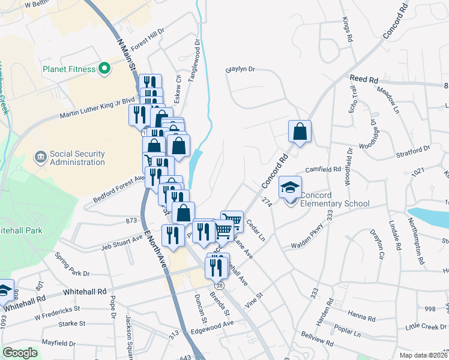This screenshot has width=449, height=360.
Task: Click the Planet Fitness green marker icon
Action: coord(105,68)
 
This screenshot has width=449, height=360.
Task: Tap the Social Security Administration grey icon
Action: coord(41,157)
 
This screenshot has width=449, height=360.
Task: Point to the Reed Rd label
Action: coord(364,79)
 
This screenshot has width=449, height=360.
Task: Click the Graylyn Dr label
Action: coord(240,70)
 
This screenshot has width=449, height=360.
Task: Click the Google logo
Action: coord(20,353)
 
